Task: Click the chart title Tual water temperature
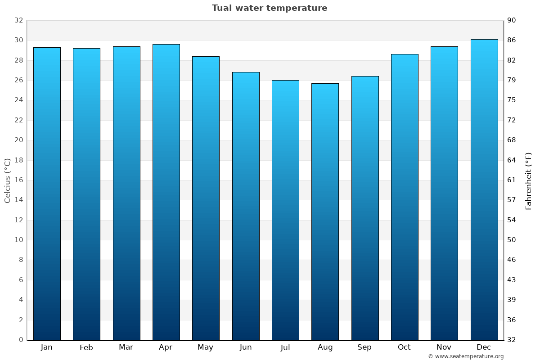point(270,8)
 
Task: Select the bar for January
point(47,193)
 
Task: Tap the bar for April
point(166,192)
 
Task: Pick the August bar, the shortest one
point(325,211)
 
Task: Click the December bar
point(484,189)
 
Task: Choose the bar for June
point(246,206)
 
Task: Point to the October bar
point(405,197)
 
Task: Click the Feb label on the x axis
point(86,347)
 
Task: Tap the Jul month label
point(285,347)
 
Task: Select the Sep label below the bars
point(364,347)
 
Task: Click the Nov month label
point(444,347)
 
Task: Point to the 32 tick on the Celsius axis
point(18,20)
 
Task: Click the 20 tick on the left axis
point(18,140)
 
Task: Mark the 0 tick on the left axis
point(21,340)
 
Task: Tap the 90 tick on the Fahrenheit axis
point(512,20)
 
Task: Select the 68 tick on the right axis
point(512,140)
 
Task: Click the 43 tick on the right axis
point(512,280)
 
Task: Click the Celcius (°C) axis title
point(7,180)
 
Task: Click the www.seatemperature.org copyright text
point(466,356)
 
